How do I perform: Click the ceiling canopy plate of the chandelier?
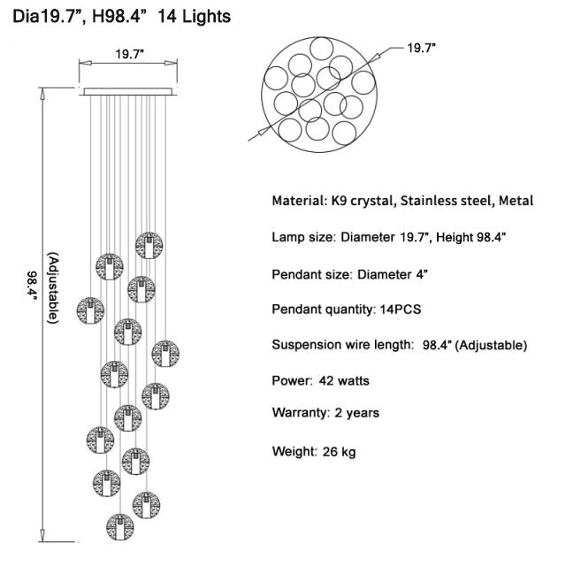(x=128, y=92)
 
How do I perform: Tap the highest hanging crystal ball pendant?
(x=149, y=246)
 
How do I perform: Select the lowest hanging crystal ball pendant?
(x=120, y=527)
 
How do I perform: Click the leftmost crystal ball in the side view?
(x=90, y=310)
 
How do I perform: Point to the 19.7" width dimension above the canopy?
(x=130, y=54)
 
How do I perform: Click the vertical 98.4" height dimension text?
(x=32, y=288)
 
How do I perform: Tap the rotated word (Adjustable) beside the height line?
(x=53, y=287)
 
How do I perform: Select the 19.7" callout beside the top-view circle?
(x=421, y=48)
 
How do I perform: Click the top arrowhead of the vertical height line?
(x=42, y=93)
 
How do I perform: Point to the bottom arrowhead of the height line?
(x=42, y=536)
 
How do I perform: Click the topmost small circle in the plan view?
(x=322, y=49)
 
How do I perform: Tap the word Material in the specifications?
(x=299, y=201)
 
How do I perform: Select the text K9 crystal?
(x=362, y=201)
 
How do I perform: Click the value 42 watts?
(x=344, y=381)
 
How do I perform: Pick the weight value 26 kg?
(x=339, y=452)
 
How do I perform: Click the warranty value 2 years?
(x=356, y=413)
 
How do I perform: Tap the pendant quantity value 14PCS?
(x=401, y=310)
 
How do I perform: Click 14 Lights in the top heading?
(x=195, y=17)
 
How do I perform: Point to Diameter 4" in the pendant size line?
(x=393, y=275)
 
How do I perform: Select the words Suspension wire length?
(x=342, y=345)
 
